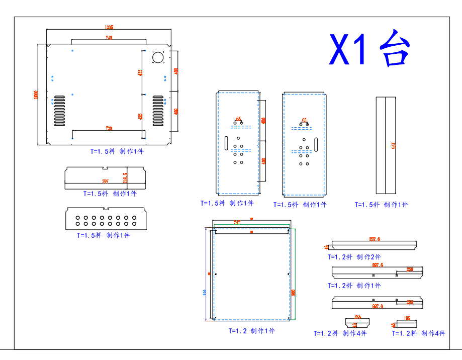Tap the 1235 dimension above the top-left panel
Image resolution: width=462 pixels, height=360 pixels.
(x=109, y=27)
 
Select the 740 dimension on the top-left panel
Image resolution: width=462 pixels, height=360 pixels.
(x=109, y=38)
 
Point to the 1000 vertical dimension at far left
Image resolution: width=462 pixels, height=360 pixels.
(x=36, y=95)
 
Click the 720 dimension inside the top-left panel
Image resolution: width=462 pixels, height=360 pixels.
(x=109, y=128)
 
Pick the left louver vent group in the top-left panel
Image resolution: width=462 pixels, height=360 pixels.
(x=60, y=111)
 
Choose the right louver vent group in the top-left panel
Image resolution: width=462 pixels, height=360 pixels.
(x=158, y=111)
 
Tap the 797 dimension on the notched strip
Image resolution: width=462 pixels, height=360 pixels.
(x=105, y=181)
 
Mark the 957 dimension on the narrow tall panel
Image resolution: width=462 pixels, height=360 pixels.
(x=394, y=145)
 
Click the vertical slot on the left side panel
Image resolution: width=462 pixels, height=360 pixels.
(x=226, y=143)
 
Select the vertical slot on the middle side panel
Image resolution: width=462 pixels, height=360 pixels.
(x=316, y=143)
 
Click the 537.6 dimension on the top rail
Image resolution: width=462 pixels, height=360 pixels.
(x=375, y=239)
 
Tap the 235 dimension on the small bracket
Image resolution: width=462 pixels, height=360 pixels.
(x=357, y=317)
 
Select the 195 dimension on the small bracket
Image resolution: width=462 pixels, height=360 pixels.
(x=407, y=318)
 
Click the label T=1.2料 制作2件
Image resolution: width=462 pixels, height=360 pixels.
(x=354, y=257)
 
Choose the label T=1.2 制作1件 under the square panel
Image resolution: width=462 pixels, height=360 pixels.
(x=252, y=331)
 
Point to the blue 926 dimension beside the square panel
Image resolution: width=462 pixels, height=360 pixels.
(x=205, y=292)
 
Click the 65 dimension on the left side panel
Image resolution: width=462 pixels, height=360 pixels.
(x=238, y=119)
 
